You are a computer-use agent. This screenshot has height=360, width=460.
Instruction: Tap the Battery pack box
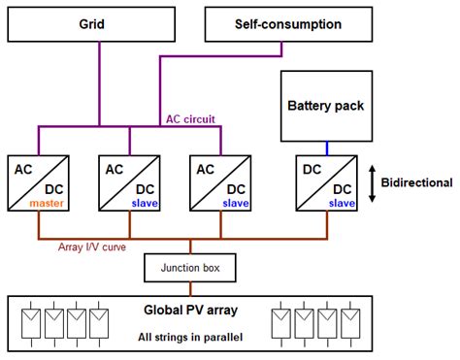[x=322, y=105]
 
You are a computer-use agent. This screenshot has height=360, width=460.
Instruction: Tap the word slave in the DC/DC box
[x=341, y=203]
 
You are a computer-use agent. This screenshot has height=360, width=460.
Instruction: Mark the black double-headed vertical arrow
[x=374, y=183]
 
